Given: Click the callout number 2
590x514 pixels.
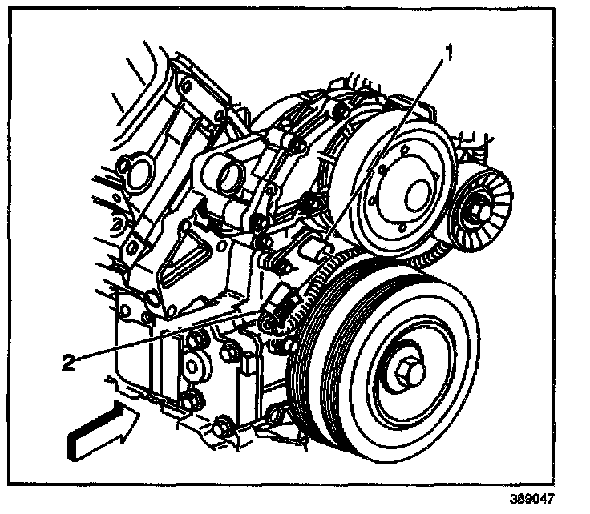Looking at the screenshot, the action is click(x=71, y=361).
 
